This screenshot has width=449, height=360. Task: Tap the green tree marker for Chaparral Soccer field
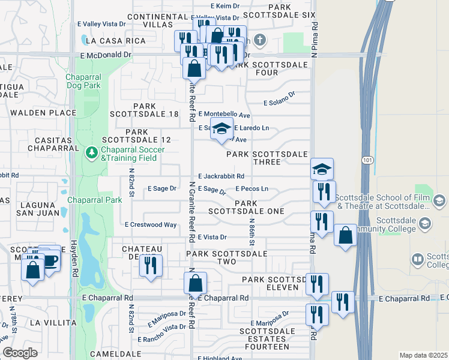pyautogui.click(x=91, y=153)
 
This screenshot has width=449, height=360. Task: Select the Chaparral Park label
pyautogui.click(x=94, y=199)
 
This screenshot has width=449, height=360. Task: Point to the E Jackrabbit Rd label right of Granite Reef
pyautogui.click(x=220, y=176)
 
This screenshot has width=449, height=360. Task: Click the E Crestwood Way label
pyautogui.click(x=150, y=225)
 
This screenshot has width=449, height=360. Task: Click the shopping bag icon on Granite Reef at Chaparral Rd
pyautogui.click(x=196, y=283)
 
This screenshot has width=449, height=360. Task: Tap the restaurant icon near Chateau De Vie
pyautogui.click(x=151, y=265)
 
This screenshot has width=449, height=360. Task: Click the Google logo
pyautogui.click(x=20, y=353)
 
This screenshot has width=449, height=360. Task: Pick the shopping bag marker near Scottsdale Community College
pyautogui.click(x=346, y=235)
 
